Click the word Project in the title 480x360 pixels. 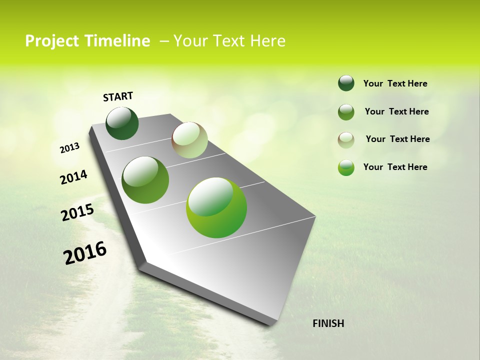[x=51, y=41]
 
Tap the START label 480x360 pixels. [x=118, y=96]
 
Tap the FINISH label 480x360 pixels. [x=328, y=323]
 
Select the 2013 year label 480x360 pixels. [x=69, y=148]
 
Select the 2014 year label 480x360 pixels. [x=73, y=177]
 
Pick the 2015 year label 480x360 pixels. [x=77, y=212]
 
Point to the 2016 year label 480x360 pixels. [x=85, y=253]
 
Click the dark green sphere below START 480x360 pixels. [x=122, y=123]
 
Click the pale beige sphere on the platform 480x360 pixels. [x=189, y=140]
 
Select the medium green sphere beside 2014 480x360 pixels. [x=145, y=180]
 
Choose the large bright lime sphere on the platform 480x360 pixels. [x=216, y=207]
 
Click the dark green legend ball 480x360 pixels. [x=346, y=83]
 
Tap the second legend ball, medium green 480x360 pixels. [x=346, y=112]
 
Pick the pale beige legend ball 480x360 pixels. [x=346, y=139]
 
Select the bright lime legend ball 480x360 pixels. [x=346, y=167]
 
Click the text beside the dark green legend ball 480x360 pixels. [x=395, y=83]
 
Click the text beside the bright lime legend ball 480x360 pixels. [x=395, y=167]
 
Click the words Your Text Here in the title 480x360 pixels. [x=229, y=41]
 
